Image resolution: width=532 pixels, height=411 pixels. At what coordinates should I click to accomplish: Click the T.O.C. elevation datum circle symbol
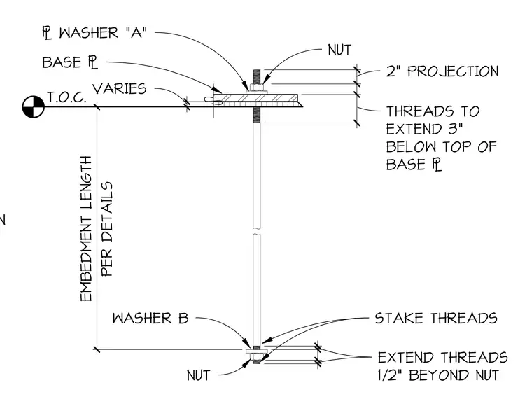34,107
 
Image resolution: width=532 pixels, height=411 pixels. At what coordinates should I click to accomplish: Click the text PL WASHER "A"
94,34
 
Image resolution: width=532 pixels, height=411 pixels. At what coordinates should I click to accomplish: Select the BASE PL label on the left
70,62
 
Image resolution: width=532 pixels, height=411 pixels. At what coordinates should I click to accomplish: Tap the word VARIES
120,89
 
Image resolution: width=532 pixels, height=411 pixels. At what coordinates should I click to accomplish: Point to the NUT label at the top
339,50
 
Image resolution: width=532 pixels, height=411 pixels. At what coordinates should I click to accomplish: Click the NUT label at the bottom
199,375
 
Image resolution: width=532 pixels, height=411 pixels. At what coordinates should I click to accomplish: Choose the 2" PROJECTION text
443,71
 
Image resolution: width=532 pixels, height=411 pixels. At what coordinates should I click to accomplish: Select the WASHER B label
150,319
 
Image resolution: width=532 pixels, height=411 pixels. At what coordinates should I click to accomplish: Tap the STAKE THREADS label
436,319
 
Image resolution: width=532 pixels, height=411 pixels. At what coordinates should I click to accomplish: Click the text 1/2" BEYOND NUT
438,375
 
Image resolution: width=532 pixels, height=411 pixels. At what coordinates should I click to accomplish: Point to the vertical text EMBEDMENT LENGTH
86,229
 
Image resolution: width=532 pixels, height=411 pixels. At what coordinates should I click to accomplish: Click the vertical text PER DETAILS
106,229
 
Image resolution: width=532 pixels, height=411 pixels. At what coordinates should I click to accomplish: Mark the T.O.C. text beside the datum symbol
66,97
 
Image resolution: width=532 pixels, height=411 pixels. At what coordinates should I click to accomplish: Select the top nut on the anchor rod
257,88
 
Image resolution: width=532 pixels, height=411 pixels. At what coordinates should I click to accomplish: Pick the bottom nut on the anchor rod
257,356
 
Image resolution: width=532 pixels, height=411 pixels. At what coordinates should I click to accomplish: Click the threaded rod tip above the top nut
257,77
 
